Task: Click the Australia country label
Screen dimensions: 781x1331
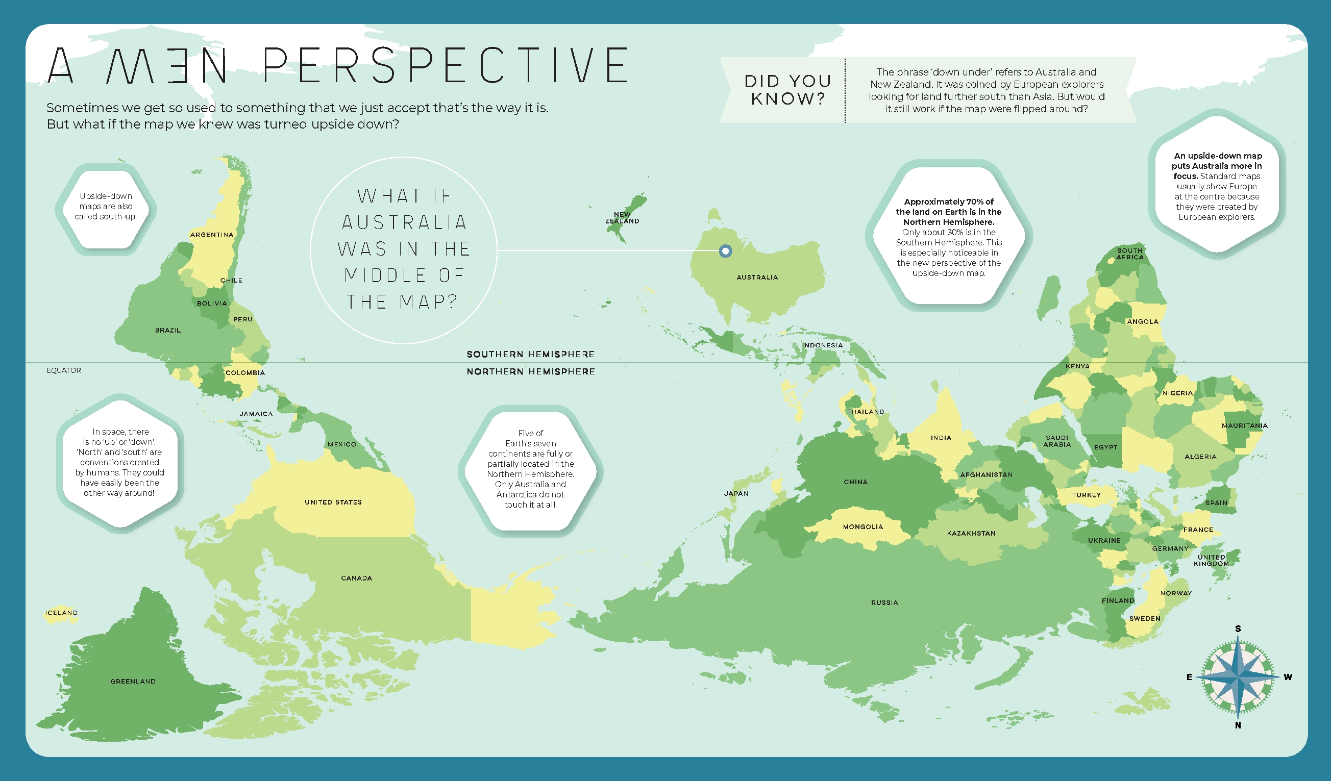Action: [x=757, y=277]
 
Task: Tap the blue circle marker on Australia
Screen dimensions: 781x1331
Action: [x=725, y=251]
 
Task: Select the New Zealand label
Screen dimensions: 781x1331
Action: [x=622, y=217]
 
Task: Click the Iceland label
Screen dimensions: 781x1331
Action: [x=61, y=613]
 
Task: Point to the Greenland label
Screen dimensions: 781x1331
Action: [x=133, y=681]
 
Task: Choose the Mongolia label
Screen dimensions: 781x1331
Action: [x=862, y=526]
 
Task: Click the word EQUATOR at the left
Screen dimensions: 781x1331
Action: [x=64, y=370]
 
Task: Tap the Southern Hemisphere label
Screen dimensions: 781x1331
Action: [x=530, y=354]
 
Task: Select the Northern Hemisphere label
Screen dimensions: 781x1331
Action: [x=530, y=371]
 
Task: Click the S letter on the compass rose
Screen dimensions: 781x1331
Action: [x=1238, y=628]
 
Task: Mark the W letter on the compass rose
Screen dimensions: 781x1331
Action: [x=1288, y=676]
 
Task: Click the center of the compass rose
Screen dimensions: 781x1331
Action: [x=1238, y=676]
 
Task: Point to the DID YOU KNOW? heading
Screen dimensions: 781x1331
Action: [x=787, y=90]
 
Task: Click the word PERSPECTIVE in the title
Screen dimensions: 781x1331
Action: [x=445, y=65]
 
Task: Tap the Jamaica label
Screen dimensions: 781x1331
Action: [x=256, y=414]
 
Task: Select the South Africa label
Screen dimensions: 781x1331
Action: [x=1130, y=254]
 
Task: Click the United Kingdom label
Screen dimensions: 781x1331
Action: [x=1211, y=560]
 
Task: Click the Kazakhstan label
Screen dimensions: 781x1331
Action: [x=971, y=534]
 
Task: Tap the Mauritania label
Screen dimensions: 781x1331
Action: [x=1244, y=425]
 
